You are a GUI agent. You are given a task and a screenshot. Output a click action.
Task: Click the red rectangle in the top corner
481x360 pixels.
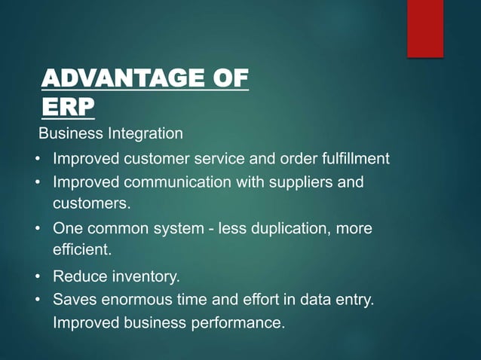point(425,29)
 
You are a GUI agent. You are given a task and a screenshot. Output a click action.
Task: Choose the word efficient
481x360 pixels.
point(81,249)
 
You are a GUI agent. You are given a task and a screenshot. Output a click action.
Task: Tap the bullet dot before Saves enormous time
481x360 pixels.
point(38,300)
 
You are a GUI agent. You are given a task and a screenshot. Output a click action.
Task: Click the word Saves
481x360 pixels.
point(73,300)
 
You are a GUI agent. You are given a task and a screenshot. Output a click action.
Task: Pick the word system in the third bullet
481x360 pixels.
point(179,228)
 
